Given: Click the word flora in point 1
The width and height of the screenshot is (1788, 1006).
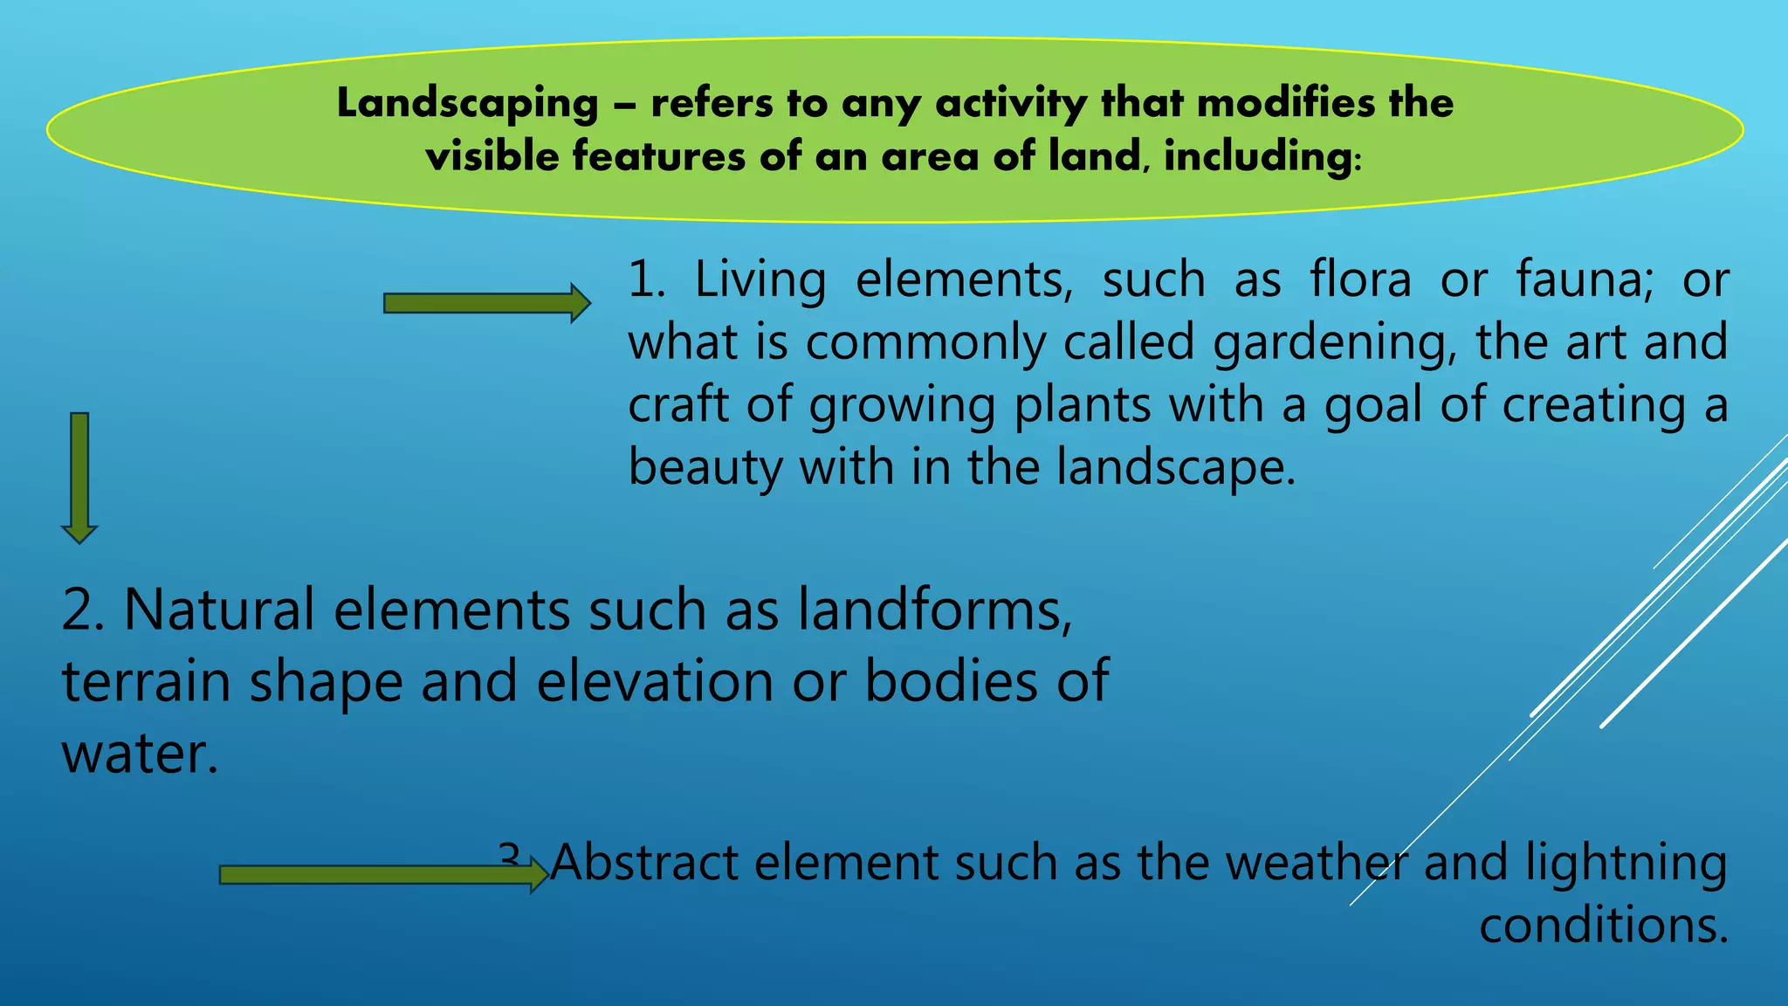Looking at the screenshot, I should click(1360, 280).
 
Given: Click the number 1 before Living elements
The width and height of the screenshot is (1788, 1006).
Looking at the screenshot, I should click(645, 281).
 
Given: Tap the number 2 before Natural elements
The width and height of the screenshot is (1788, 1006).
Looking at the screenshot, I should click(83, 610).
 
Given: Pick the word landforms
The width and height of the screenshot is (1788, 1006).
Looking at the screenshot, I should click(934, 610).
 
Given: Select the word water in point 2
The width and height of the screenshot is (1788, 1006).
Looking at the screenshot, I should click(138, 753).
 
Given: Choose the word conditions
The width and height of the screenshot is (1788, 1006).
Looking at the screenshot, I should click(1603, 926).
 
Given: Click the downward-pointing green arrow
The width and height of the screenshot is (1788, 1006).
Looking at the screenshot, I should click(79, 478).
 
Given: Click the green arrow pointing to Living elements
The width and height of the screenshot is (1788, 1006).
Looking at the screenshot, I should click(486, 303).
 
